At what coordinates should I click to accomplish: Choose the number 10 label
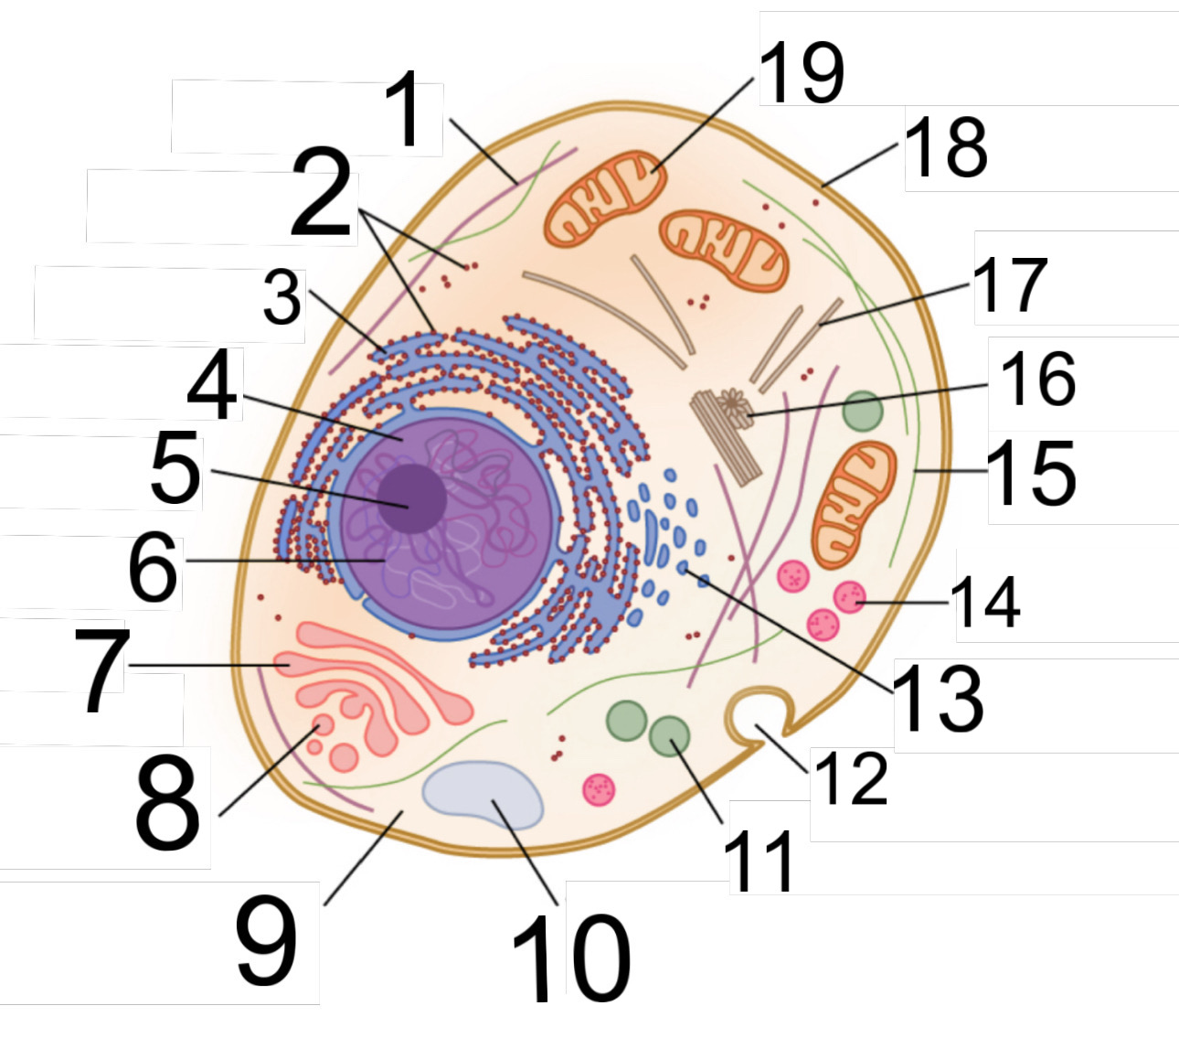pyautogui.click(x=571, y=955)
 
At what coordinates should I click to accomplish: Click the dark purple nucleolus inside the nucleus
pyautogui.click(x=412, y=498)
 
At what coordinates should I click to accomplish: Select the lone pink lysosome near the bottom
pyautogui.click(x=600, y=787)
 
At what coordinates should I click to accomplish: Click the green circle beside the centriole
pyautogui.click(x=862, y=411)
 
